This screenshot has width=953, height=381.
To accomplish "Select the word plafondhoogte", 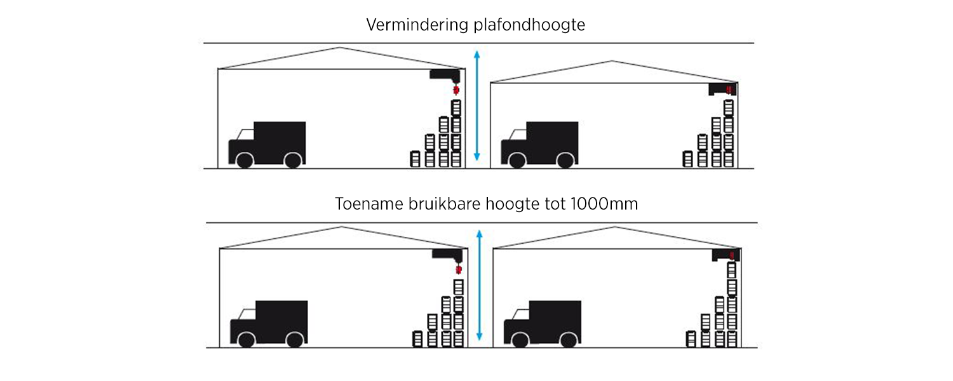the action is pos(529,25).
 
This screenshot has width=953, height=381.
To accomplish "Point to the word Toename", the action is pos(369,204).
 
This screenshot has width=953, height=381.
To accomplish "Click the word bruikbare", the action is pos(444,204).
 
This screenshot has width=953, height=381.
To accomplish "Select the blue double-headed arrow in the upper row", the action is pos(477,105).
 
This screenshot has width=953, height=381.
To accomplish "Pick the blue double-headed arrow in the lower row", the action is pos(480,285).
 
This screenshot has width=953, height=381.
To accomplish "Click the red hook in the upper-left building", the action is pos(456,90).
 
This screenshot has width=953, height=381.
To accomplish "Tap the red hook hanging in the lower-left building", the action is pos(459,270).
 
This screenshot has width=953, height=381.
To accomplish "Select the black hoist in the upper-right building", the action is pos(722,90).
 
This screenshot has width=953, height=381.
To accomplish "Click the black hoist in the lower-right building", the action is pos(726,255).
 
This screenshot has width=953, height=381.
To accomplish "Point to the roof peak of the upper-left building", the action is pos(340,48).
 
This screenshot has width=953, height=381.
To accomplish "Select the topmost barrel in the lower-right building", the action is pos(732,270).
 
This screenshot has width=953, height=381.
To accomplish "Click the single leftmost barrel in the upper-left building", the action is pos(415,159).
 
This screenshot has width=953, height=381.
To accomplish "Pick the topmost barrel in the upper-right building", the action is pos(728,108).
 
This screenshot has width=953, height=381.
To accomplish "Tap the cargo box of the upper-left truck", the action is pos(280,138).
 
